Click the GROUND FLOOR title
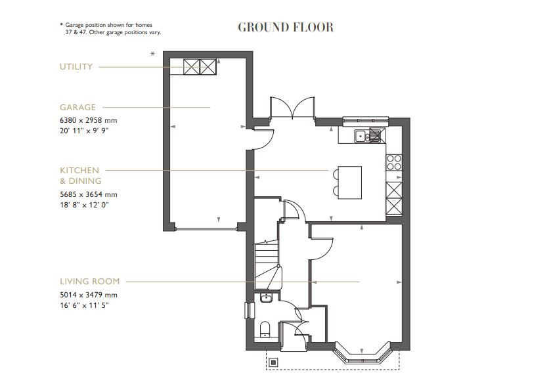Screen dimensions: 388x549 [x=285, y=27]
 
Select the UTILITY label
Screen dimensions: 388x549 [x=76, y=67]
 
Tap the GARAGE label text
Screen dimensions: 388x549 [x=77, y=107]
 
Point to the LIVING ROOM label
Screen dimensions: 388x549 [x=89, y=281]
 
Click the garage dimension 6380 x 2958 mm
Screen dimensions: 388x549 [x=88, y=120]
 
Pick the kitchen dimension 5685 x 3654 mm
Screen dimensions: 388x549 [x=88, y=194]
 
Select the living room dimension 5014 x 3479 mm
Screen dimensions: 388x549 [x=88, y=295]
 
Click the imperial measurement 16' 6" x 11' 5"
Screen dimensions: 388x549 [x=83, y=305]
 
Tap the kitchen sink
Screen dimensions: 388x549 [x=367, y=137]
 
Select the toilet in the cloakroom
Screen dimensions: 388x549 [x=265, y=328]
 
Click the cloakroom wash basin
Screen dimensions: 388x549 [x=266, y=299]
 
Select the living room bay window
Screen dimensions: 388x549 [x=363, y=355]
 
